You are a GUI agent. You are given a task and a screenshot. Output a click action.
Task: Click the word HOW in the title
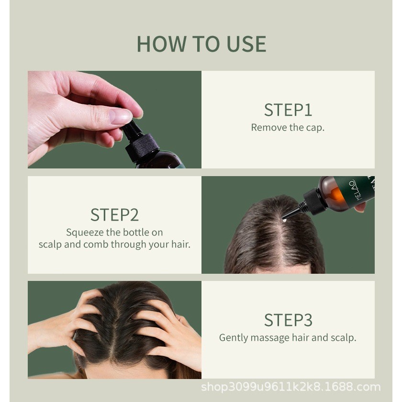(161, 44)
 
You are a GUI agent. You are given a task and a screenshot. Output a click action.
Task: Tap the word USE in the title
(246, 44)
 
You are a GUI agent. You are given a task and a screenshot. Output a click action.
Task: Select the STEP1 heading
(288, 110)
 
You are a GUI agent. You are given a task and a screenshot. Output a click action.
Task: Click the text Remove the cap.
(288, 127)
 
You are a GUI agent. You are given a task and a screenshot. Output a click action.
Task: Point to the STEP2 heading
(114, 215)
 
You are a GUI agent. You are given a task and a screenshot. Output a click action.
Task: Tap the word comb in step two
(96, 244)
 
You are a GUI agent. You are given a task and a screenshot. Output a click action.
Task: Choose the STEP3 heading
(288, 320)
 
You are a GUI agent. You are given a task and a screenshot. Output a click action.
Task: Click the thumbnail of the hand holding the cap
(114, 120)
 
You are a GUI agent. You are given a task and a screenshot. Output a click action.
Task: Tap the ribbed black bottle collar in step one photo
(142, 147)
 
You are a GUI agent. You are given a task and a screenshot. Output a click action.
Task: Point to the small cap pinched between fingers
(132, 130)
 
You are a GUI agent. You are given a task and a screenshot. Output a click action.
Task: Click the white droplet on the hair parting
(284, 220)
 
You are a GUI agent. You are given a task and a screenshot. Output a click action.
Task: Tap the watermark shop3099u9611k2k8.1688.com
(291, 387)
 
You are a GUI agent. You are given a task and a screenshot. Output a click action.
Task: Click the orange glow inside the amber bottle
(336, 195)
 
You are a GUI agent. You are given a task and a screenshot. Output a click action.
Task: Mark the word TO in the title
(206, 44)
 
